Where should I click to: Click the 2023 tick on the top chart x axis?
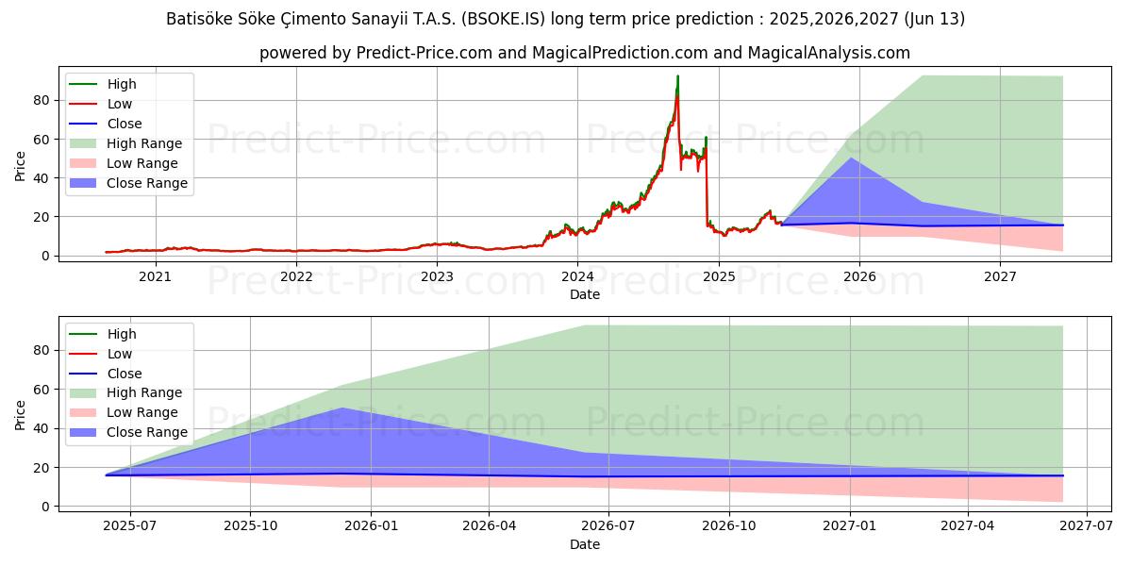437,276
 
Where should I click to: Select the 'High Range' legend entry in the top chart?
144,143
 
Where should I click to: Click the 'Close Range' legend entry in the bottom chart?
146,432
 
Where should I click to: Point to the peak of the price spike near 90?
677,76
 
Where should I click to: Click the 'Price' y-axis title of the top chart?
21,166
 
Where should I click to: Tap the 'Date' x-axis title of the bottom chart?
584,544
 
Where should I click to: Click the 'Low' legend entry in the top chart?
120,104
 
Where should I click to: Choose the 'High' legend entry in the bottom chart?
122,334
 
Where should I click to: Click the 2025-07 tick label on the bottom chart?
129,526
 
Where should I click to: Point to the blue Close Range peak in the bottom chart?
341,408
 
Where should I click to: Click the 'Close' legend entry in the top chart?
125,124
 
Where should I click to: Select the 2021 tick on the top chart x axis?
155,276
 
